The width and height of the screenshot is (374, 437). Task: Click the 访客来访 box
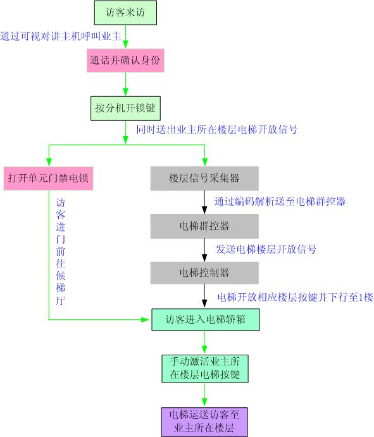(125, 13)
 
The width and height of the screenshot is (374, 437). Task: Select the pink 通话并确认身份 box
(125, 60)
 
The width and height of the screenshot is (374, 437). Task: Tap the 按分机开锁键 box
(125, 108)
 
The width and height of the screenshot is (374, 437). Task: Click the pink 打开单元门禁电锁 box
(49, 179)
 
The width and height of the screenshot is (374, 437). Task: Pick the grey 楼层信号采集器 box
(204, 179)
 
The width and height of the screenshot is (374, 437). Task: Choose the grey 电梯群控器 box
(204, 226)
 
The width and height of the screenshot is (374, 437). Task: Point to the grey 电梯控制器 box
(204, 273)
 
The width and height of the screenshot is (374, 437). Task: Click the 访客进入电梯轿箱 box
(206, 319)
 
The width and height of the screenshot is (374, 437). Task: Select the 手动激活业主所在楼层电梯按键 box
(205, 369)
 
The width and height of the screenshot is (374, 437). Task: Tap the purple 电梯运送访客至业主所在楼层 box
(204, 422)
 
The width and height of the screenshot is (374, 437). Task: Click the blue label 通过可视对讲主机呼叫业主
(60, 36)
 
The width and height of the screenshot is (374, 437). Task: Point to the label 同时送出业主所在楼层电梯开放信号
(217, 130)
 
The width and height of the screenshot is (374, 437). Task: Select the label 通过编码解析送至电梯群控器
(280, 201)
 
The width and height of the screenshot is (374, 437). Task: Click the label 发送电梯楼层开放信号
(266, 249)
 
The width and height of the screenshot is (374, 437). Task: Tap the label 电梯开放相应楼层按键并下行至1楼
(295, 297)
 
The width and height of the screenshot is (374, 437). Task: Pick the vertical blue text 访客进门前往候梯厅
(60, 251)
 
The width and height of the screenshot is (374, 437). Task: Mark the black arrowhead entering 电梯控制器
(204, 258)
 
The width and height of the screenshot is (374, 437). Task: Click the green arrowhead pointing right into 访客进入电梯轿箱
(145, 320)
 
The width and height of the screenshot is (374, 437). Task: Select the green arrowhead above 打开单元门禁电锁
(49, 162)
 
